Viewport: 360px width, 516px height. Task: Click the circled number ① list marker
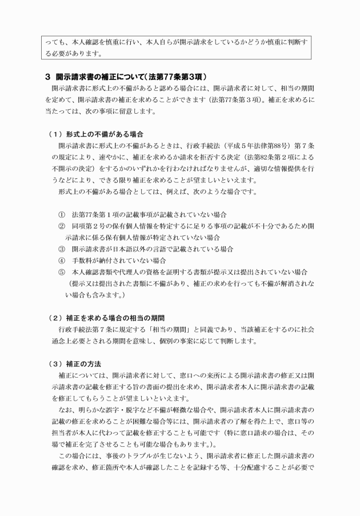[62, 215]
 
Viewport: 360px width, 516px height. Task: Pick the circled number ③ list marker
[62, 249]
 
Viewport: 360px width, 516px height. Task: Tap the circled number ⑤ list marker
[62, 272]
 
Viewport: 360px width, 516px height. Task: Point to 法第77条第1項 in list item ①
[93, 215]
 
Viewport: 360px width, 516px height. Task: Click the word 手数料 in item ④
[83, 261]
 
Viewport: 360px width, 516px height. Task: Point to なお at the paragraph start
[64, 410]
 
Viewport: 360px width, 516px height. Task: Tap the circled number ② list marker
[62, 226]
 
